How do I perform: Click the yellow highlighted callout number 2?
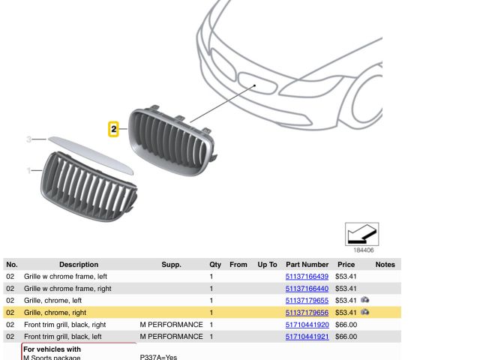point(113,129)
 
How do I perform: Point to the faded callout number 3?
point(28,139)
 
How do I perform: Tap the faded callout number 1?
point(28,170)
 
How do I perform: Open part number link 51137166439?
point(307,277)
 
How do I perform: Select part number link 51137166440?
point(307,289)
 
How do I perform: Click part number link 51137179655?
point(307,301)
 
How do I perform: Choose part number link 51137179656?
point(307,313)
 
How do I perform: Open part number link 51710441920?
point(307,325)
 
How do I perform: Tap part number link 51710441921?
point(307,337)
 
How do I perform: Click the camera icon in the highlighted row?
point(364,312)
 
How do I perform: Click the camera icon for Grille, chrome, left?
point(364,300)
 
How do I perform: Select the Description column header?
point(79,265)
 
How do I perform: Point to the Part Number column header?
point(307,265)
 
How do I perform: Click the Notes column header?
point(385,265)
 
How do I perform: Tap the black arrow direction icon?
point(361,234)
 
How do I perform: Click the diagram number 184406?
point(363,250)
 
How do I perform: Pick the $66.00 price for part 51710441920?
point(346,325)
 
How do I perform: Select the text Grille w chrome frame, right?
point(67,289)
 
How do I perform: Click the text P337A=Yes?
point(158,357)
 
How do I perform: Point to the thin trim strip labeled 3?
point(91,155)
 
